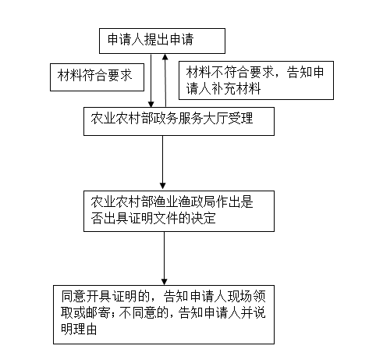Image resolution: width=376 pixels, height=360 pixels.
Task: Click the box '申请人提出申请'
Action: [x=162, y=41]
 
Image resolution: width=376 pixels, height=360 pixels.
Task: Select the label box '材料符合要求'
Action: [x=97, y=77]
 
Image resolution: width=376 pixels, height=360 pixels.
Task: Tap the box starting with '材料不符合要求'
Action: [x=256, y=80]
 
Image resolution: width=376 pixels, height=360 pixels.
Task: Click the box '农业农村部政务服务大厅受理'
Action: [x=179, y=121]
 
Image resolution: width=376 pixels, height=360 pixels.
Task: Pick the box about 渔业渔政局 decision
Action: [x=179, y=211]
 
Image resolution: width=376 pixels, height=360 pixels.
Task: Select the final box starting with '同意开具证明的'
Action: [x=164, y=315]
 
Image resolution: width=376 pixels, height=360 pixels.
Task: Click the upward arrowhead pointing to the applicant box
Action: [x=165, y=57]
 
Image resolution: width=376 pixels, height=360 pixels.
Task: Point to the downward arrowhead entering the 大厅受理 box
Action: [x=151, y=104]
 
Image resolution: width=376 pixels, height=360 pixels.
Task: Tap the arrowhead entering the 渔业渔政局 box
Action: [x=163, y=186]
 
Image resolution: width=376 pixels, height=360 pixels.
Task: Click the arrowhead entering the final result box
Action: [x=164, y=282]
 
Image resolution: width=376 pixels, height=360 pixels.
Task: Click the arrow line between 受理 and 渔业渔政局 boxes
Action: [x=163, y=162]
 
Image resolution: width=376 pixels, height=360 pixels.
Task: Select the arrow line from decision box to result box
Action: [x=164, y=258]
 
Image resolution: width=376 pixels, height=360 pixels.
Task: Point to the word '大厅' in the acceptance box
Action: [x=215, y=119]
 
